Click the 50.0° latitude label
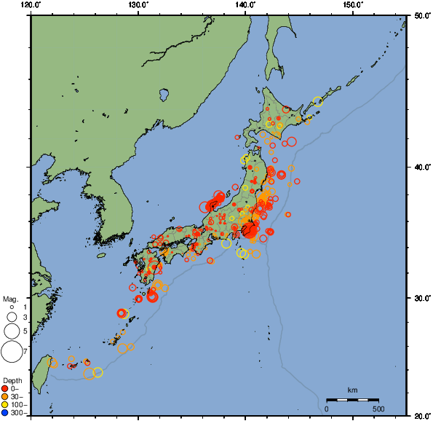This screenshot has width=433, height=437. coord(421,15)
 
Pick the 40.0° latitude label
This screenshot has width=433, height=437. coord(421,167)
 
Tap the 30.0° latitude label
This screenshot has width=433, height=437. coord(421,299)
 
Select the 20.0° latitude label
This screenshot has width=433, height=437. coord(421,416)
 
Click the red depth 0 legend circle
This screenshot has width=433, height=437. coord(6,388)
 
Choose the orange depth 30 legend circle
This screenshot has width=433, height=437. coord(6,396)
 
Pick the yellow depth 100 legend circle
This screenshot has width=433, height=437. coord(6,404)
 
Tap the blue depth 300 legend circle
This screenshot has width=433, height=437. coord(6,413)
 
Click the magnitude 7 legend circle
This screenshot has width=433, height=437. coord(12,352)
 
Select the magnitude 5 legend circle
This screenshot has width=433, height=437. coord(12,331)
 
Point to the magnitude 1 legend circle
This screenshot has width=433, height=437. coord(12,307)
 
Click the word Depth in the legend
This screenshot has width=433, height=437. coord(12,380)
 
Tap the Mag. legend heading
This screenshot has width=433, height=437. coord(10,299)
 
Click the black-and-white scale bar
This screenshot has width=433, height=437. coord(352,400)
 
